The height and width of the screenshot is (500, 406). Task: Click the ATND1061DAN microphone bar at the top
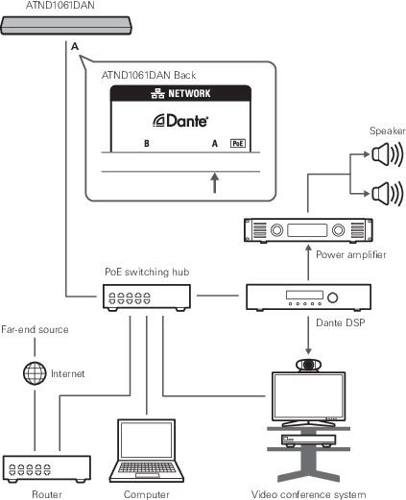tap(66, 25)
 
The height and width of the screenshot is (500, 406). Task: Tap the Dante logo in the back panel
tap(180, 121)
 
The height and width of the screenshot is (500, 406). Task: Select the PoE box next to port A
tap(238, 143)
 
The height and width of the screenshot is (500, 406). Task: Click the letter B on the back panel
tap(147, 143)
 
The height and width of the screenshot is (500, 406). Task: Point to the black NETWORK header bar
tap(180, 93)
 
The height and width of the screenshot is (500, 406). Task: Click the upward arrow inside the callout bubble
tap(215, 182)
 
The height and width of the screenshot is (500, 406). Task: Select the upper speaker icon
tap(387, 155)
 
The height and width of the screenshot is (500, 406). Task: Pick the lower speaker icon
tap(387, 194)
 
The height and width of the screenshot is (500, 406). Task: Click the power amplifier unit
tap(308, 230)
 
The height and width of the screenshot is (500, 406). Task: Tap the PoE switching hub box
tap(147, 298)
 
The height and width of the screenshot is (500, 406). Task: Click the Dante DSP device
tap(308, 298)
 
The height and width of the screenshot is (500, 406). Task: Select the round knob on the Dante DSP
tap(333, 298)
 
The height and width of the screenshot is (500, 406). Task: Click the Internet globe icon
tap(35, 373)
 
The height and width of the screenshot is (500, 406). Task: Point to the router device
tap(47, 469)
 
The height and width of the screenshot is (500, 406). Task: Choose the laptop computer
tap(147, 451)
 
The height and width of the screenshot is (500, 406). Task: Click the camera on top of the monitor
tap(308, 365)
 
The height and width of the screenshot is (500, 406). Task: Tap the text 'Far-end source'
tap(35, 330)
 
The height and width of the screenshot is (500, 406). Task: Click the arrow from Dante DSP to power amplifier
tap(308, 263)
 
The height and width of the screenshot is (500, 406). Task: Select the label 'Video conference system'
tap(308, 494)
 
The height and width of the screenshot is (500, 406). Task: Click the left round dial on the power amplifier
tap(276, 230)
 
